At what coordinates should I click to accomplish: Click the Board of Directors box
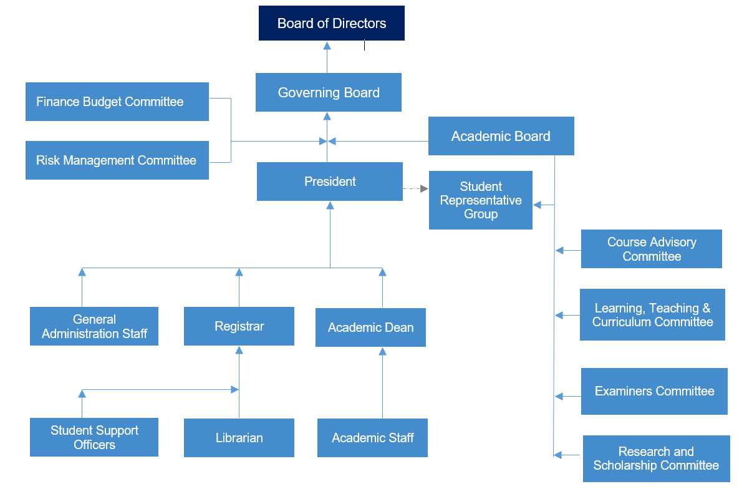331,23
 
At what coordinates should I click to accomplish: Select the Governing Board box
328,92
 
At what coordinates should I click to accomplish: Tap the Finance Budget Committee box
117,102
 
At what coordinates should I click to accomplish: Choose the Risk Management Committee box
117,160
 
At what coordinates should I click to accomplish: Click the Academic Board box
501,136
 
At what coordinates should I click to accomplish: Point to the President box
329,182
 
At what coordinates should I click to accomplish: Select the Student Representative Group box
480,200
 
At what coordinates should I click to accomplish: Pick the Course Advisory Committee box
651,249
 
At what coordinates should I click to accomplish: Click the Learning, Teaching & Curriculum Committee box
652,315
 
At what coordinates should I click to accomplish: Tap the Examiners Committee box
654,391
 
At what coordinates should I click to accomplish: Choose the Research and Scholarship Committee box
656,458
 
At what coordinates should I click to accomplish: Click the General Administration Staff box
94,326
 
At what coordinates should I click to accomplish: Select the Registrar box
239,326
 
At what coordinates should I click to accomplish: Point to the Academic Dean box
370,327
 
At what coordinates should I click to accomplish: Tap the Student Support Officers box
94,437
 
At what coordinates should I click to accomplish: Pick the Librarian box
239,438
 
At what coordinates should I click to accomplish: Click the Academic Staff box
372,438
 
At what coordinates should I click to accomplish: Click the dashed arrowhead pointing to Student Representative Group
424,188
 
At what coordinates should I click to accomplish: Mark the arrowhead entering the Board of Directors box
327,46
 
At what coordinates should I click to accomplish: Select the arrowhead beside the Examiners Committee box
559,396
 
